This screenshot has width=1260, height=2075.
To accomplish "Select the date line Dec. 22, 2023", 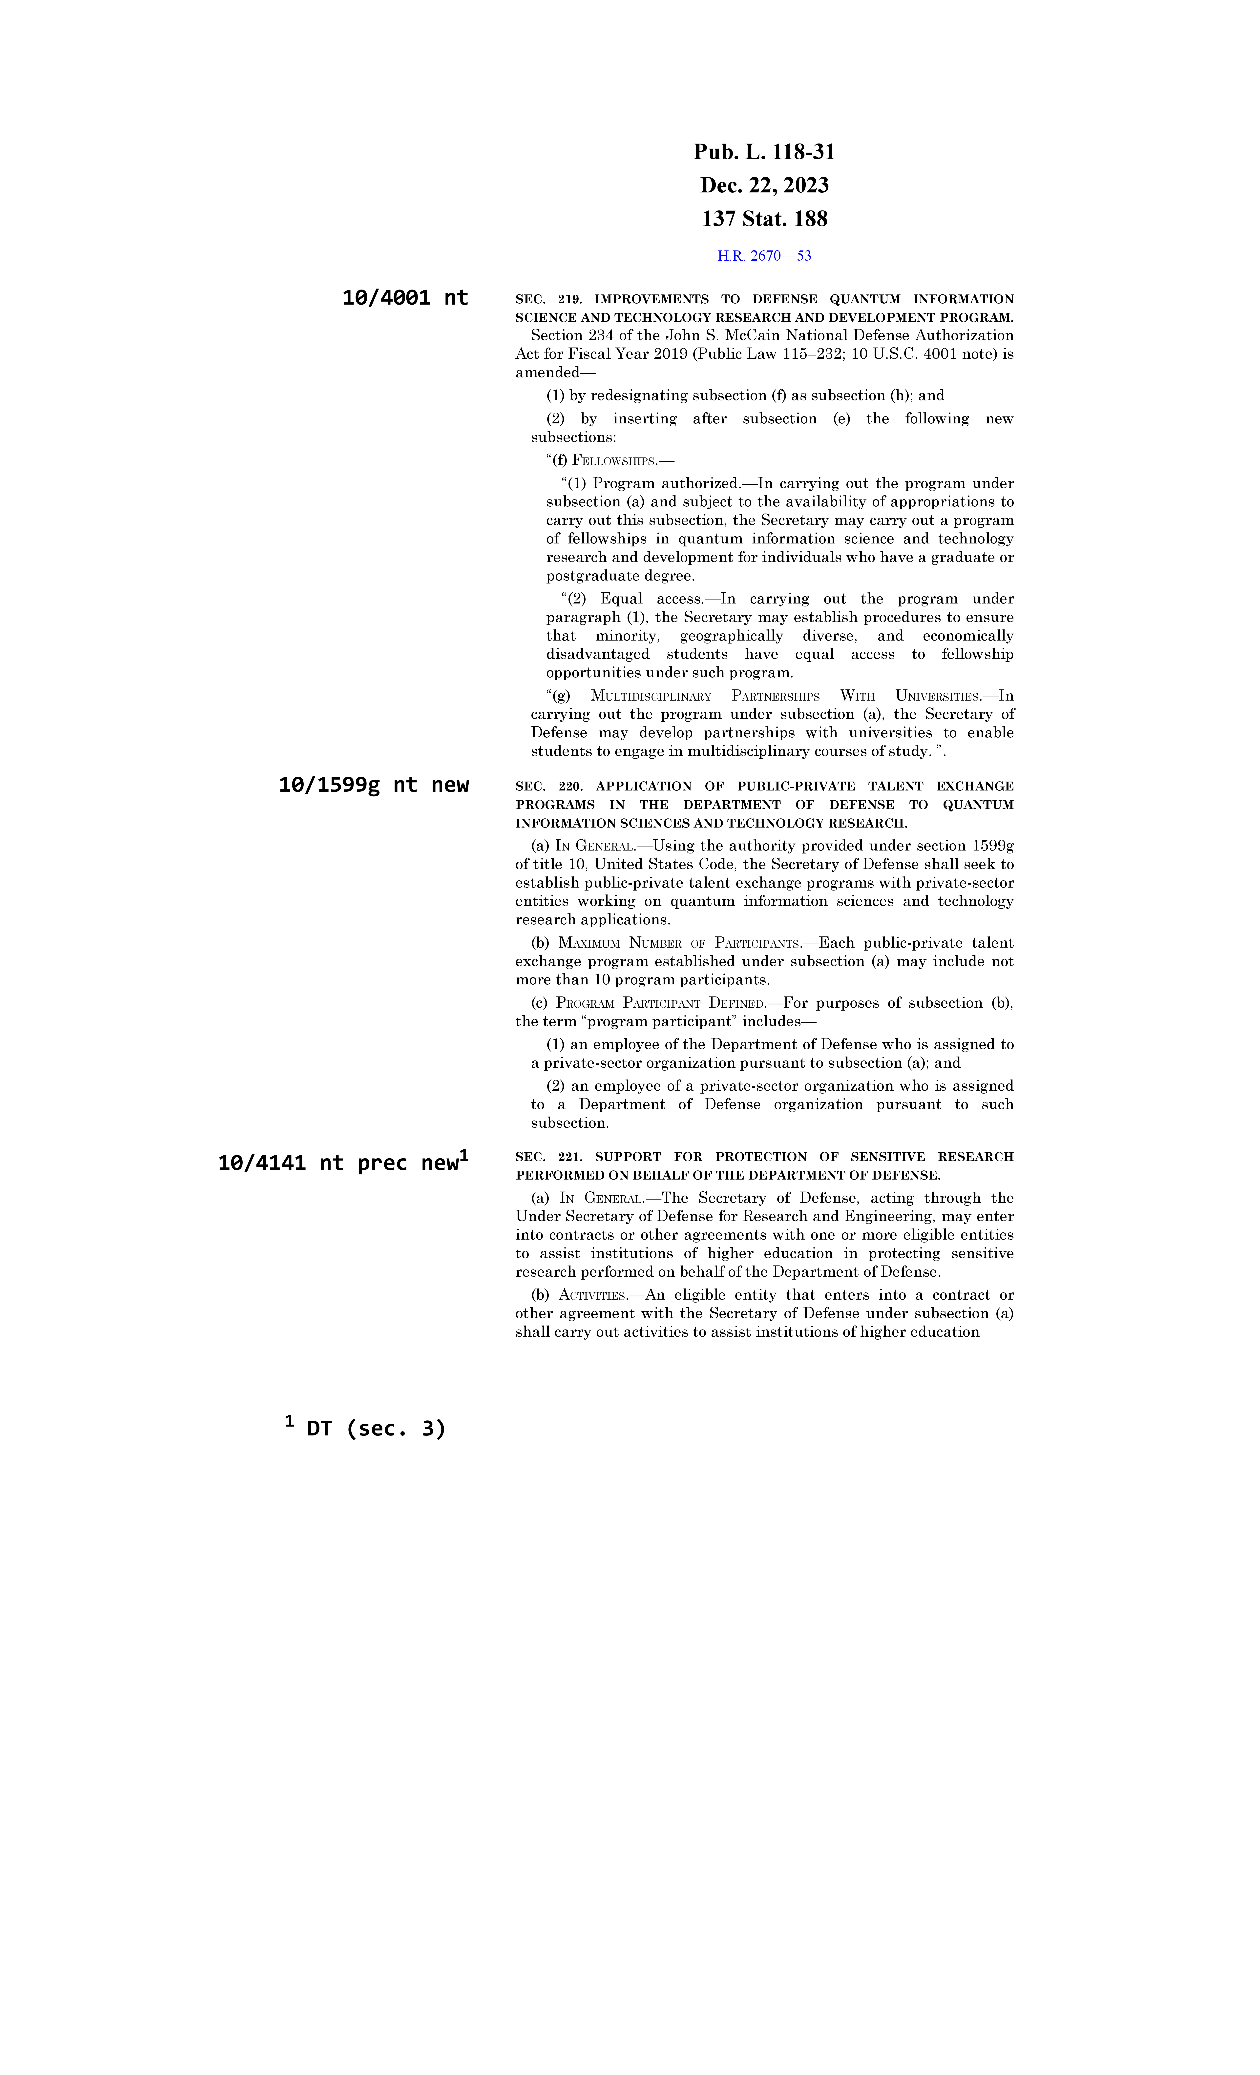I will pyautogui.click(x=764, y=185).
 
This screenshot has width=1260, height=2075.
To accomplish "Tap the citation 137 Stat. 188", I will pyautogui.click(x=764, y=219).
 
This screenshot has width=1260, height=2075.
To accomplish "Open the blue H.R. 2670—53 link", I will pyautogui.click(x=764, y=256).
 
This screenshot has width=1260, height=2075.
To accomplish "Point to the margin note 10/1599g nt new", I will pyautogui.click(x=373, y=785).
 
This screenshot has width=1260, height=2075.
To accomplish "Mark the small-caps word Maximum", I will pyautogui.click(x=589, y=943).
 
